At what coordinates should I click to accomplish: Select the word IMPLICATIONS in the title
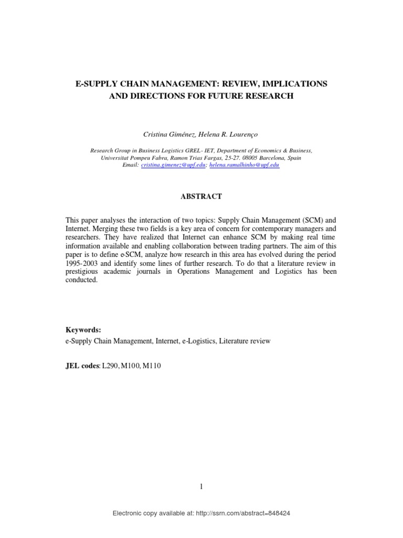point(300,85)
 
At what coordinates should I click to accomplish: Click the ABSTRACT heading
point(201,196)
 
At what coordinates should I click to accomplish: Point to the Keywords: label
point(83,330)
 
